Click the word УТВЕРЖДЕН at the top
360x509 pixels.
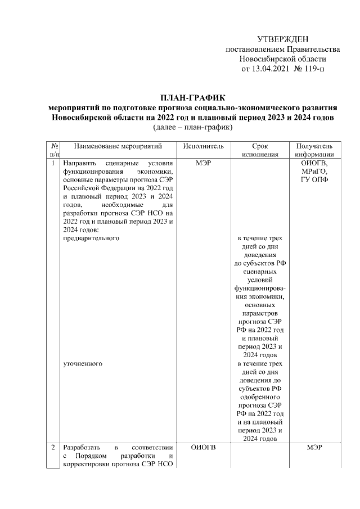[283, 39]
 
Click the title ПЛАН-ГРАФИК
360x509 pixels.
[193, 98]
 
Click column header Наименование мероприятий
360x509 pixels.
[118, 146]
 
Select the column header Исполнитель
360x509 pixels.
[203, 146]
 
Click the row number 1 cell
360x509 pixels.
[53, 163]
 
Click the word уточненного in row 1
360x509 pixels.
[83, 364]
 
